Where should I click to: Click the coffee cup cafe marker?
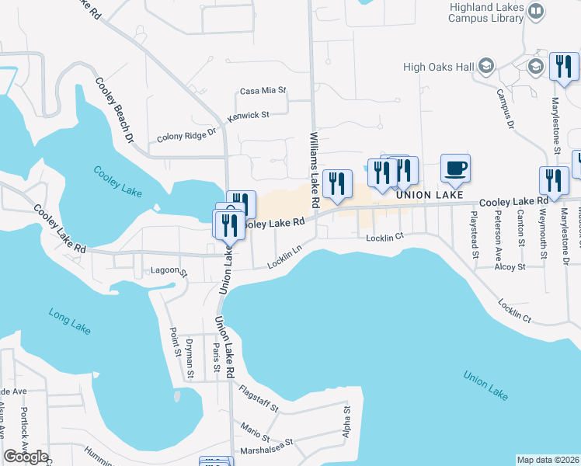point(455,168)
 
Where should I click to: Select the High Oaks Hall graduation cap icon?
point(487,67)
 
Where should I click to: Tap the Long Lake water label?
point(70,321)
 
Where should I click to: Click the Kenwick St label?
point(248,116)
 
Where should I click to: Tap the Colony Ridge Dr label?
point(185,137)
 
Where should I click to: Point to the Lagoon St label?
point(169,273)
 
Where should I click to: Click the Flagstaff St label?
point(259,397)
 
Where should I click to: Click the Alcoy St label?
point(510,266)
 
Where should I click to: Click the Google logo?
point(26,457)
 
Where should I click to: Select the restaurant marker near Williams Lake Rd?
point(336,183)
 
